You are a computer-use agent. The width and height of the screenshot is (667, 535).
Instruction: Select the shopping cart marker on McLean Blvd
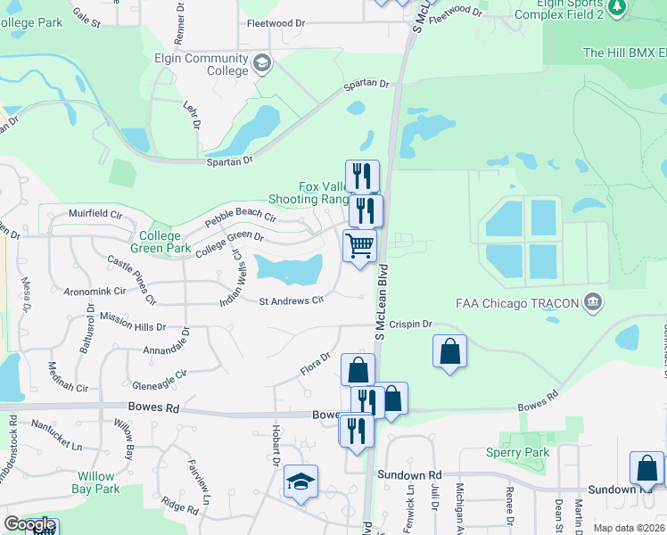[x=359, y=244]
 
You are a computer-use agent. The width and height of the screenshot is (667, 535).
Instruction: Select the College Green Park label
[x=161, y=243]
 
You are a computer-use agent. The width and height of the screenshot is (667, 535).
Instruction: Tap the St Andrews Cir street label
[x=290, y=301]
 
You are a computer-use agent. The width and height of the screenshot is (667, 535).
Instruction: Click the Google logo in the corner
[x=29, y=524]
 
